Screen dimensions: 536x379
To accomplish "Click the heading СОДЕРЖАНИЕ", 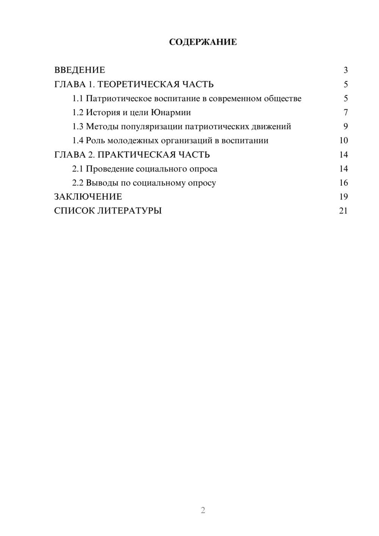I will (203, 42).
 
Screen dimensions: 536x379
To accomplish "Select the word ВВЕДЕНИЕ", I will (80, 70).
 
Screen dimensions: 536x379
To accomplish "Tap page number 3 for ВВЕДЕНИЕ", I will (346, 70).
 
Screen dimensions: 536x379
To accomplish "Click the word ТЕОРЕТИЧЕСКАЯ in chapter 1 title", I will (138, 84).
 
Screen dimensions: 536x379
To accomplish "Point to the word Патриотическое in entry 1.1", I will (119, 99).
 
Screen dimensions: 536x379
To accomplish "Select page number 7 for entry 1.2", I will (346, 113).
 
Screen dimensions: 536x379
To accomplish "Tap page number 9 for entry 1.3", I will (346, 127).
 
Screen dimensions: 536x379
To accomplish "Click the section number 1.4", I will (78, 141).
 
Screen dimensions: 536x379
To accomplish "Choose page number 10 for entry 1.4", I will (343, 141).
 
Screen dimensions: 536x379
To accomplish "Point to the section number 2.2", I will (78, 183).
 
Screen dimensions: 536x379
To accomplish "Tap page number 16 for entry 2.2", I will (343, 183).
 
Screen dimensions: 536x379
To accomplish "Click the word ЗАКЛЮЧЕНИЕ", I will (88, 197).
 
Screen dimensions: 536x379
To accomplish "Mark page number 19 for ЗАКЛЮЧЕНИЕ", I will (343, 197).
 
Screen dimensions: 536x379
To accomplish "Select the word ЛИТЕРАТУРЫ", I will (129, 211).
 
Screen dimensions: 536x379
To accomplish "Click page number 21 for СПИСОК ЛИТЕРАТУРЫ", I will (343, 211).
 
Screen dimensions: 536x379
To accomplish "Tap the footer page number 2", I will (203, 510).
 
